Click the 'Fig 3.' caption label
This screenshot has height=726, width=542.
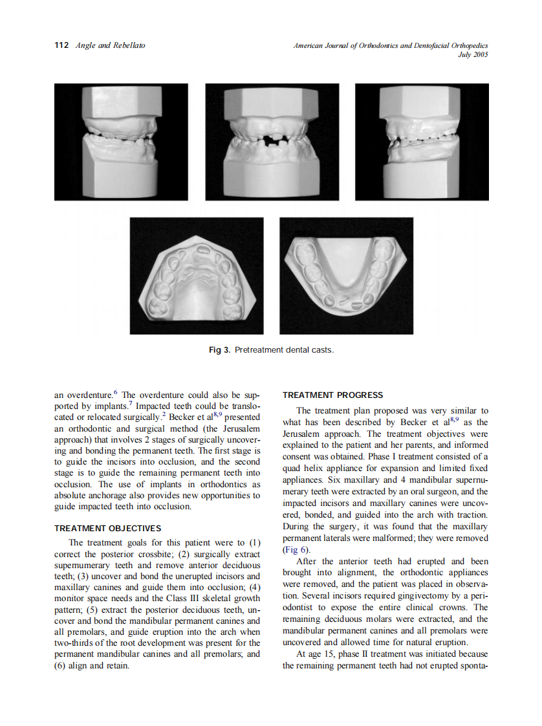click(x=219, y=350)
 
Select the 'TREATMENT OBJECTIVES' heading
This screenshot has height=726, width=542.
click(x=107, y=529)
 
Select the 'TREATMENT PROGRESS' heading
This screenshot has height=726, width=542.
click(x=332, y=395)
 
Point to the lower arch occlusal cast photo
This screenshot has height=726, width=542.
click(x=346, y=276)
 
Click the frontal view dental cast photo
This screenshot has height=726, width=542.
click(x=272, y=142)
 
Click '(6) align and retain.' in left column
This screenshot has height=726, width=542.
click(x=92, y=666)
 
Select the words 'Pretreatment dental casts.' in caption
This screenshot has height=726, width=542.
click(x=285, y=350)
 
